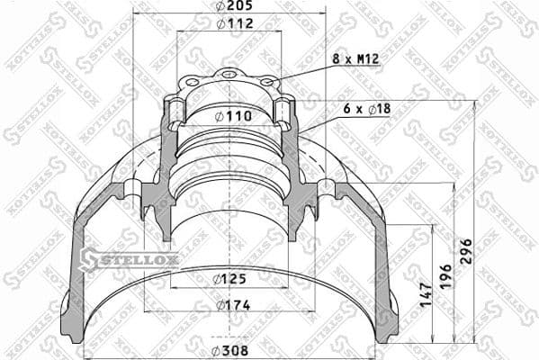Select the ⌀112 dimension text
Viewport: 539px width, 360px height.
click(232, 24)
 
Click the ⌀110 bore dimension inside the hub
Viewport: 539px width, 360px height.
click(232, 116)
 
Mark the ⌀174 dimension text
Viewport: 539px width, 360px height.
click(232, 306)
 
